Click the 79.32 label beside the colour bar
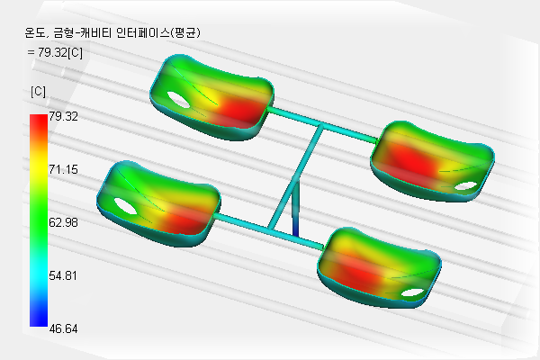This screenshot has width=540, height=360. click(63, 116)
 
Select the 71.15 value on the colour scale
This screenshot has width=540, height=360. click(63, 169)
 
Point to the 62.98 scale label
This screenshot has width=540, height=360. click(63, 222)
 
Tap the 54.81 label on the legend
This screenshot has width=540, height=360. click(63, 275)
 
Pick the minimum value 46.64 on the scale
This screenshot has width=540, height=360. click(63, 328)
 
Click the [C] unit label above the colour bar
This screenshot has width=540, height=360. click(38, 92)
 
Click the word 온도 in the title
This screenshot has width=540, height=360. click(34, 32)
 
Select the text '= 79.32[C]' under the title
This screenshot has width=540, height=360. click(55, 52)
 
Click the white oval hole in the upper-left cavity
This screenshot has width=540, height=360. click(178, 99)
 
